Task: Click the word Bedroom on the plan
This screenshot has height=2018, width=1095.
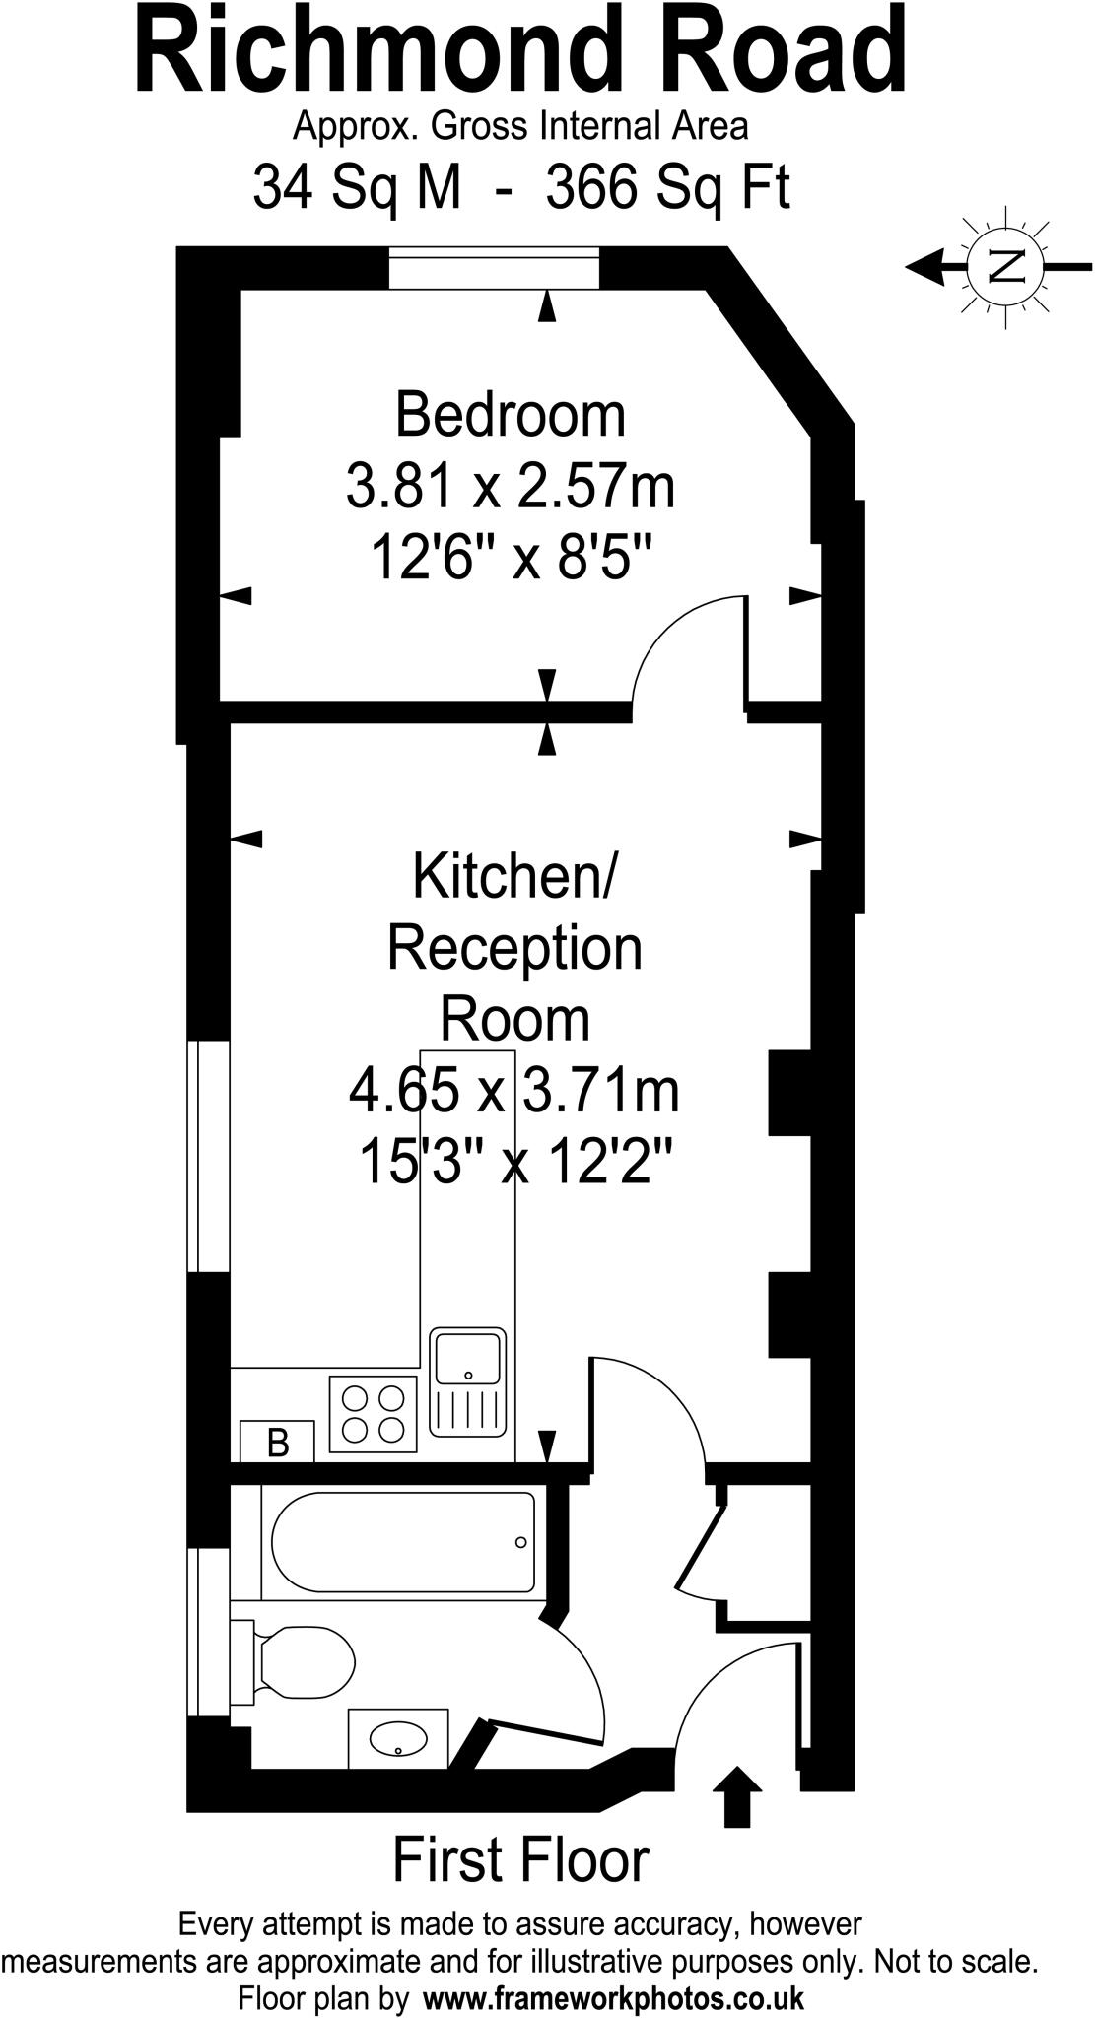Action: pyautogui.click(x=510, y=415)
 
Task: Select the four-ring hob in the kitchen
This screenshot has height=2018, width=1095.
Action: pyautogui.click(x=373, y=1414)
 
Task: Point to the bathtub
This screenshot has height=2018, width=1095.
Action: pyautogui.click(x=403, y=1543)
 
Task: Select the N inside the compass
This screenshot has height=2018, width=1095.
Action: pyautogui.click(x=1005, y=265)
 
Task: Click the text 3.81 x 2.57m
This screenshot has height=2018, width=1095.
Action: pyautogui.click(x=510, y=487)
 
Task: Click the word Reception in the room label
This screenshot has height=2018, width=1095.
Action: pyautogui.click(x=513, y=947)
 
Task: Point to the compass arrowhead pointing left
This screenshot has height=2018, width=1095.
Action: pyautogui.click(x=924, y=265)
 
